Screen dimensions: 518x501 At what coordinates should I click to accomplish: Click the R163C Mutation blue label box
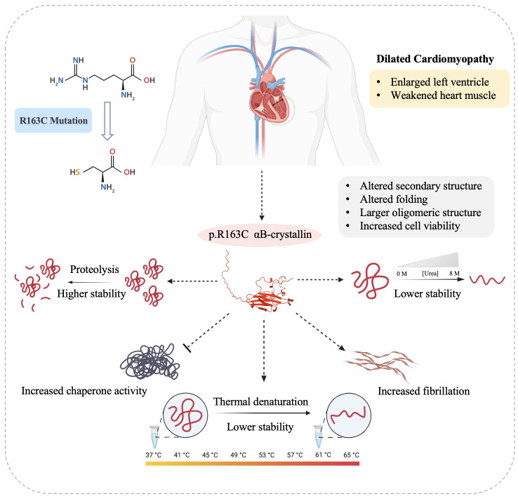pyautogui.click(x=53, y=121)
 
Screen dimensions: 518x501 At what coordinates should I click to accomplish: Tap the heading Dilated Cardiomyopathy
pyautogui.click(x=435, y=59)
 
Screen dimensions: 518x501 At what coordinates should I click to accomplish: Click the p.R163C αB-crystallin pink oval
pyautogui.click(x=259, y=234)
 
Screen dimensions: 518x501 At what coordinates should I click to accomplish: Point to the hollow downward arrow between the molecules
pyautogui.click(x=107, y=121)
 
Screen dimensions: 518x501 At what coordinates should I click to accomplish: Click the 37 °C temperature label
pyautogui.click(x=153, y=455)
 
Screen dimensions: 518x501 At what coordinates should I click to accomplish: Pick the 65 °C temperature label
pyautogui.click(x=351, y=455)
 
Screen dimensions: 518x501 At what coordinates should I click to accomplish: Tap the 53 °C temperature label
pyautogui.click(x=267, y=455)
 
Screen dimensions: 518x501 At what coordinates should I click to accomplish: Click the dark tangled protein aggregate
pyautogui.click(x=150, y=362)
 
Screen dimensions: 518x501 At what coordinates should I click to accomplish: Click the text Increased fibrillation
pyautogui.click(x=423, y=392)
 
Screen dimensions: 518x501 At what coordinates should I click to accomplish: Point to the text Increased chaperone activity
pyautogui.click(x=84, y=391)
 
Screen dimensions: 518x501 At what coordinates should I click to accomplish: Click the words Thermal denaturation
pyautogui.click(x=260, y=401)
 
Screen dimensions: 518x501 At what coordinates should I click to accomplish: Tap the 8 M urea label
pyautogui.click(x=454, y=274)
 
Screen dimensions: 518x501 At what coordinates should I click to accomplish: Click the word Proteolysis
pyautogui.click(x=95, y=269)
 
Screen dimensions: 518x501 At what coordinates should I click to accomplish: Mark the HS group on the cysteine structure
pyautogui.click(x=74, y=172)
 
